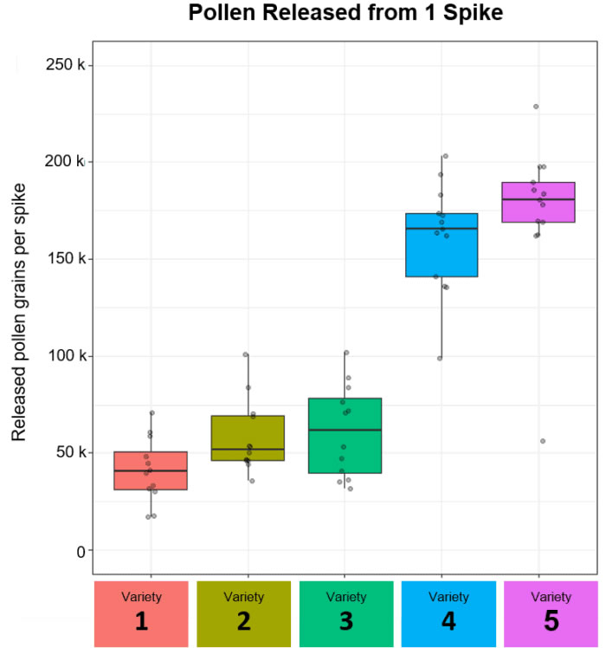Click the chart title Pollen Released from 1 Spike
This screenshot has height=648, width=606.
(345, 13)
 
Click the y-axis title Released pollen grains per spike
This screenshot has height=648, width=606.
(18, 312)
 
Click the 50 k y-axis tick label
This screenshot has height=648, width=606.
(67, 452)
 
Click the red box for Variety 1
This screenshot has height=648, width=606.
(151, 470)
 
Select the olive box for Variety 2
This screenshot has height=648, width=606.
(248, 437)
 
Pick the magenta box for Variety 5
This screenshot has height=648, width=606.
(538, 202)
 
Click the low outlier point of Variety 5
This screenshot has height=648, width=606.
(543, 441)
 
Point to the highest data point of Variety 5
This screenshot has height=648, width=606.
(536, 107)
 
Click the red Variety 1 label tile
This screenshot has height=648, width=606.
(141, 613)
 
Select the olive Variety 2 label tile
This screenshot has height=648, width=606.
(243, 613)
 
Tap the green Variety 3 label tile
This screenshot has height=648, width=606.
(345, 613)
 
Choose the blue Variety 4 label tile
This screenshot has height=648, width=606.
(448, 613)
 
